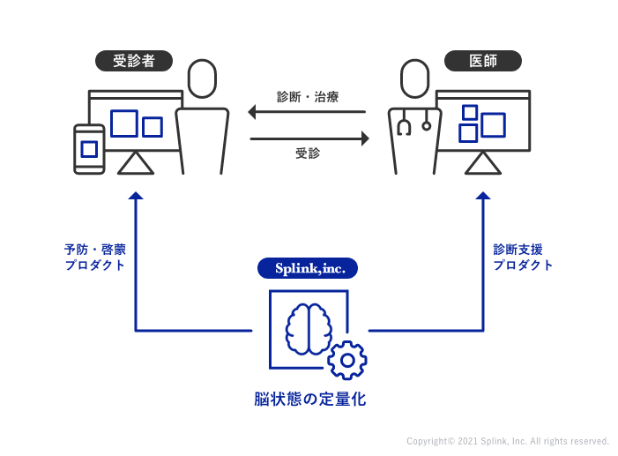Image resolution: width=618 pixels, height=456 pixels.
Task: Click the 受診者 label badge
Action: click(x=133, y=61)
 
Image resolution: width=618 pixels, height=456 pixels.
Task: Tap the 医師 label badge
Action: click(x=483, y=61)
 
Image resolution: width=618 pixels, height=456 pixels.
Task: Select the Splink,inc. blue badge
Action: click(x=308, y=267)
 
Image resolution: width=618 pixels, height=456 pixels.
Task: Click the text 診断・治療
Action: click(x=308, y=96)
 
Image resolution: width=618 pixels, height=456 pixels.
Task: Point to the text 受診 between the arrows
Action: click(x=308, y=153)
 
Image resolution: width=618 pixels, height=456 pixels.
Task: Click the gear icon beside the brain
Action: click(x=347, y=360)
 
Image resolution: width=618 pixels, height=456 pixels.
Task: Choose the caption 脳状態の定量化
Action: click(x=309, y=400)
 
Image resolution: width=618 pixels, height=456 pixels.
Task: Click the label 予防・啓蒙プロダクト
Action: click(x=94, y=257)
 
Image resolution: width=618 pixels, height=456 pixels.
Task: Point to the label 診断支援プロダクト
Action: click(x=523, y=257)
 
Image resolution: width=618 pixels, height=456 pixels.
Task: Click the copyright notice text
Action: click(x=507, y=441)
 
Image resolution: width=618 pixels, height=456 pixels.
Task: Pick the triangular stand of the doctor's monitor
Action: click(x=482, y=164)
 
